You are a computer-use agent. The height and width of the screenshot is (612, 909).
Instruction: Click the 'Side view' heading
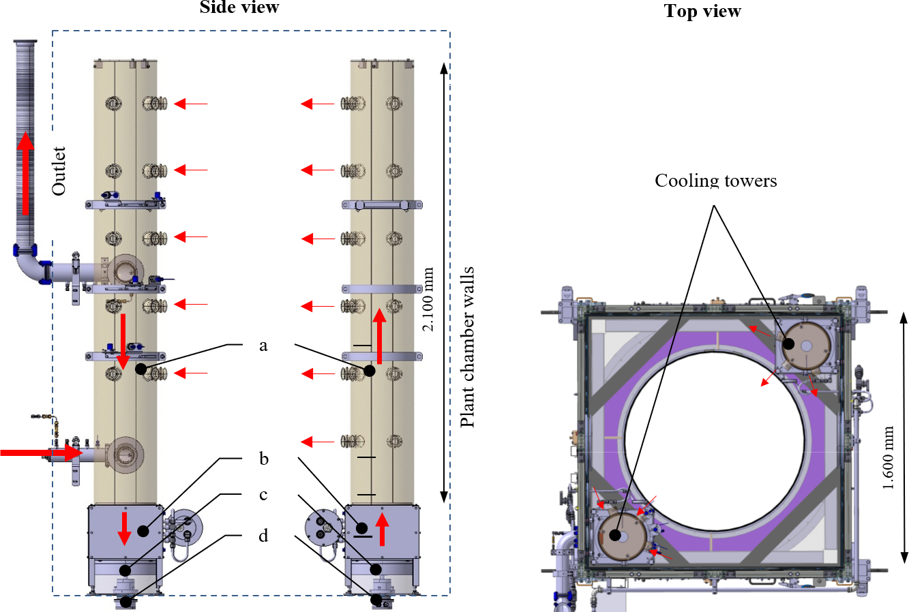point(239,7)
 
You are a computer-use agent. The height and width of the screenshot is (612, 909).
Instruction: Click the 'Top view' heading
point(702,11)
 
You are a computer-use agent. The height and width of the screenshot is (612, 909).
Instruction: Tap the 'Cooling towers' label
point(715,181)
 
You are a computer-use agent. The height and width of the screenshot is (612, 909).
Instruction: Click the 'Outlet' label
point(59,171)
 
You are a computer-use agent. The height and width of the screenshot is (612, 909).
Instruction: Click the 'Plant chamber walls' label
point(468,348)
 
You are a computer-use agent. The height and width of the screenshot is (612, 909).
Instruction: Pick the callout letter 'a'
point(263,346)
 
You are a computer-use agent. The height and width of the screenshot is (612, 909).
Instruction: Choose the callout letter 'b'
point(263,459)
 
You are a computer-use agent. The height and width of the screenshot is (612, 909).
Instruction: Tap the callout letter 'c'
point(263,495)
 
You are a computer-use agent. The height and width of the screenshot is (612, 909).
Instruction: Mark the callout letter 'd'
point(263,536)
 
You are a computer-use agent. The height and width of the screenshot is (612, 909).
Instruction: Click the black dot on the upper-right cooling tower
point(788,344)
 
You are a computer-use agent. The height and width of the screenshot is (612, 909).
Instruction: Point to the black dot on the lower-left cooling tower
point(615,535)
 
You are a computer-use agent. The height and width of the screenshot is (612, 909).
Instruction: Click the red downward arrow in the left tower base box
point(124,529)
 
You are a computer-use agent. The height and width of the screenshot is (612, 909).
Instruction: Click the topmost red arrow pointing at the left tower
point(190,104)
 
